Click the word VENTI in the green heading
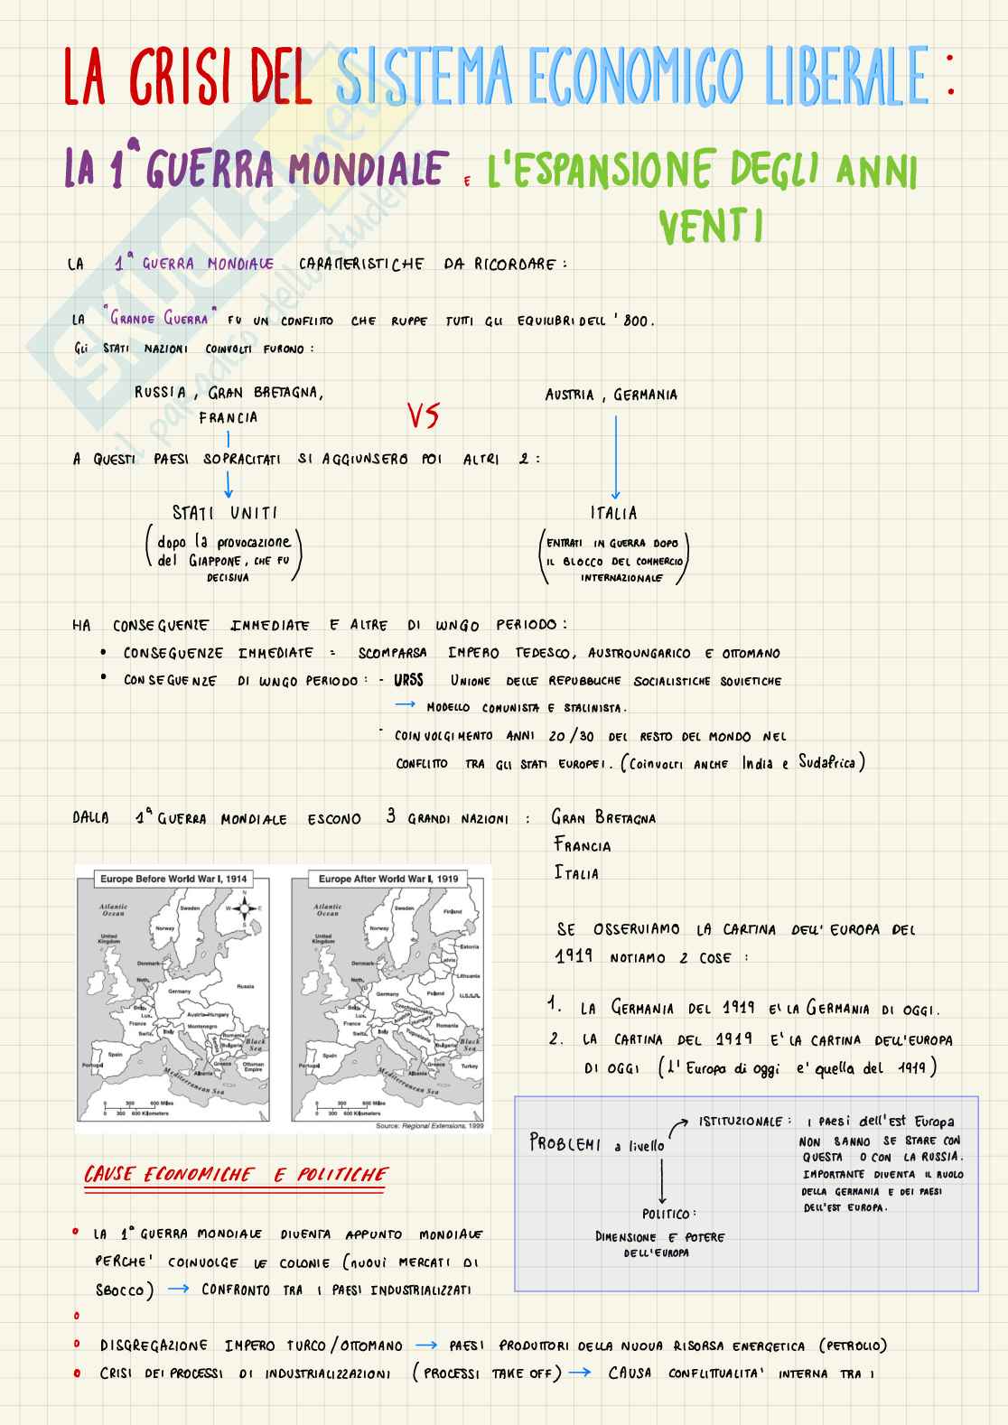coord(711,227)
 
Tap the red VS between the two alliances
coord(422,415)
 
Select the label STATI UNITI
coord(225,513)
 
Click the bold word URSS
coord(408,680)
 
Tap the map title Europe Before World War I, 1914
coord(173,878)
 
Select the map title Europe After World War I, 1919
coord(388,878)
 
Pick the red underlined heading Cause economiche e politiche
coord(235,1175)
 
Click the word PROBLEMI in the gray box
coord(565,1143)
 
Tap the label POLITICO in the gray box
coord(668,1214)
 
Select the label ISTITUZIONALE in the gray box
coord(741,1122)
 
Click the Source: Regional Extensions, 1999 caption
coord(429,1126)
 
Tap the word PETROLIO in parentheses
coord(853,1346)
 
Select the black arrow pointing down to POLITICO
coord(663,1181)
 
